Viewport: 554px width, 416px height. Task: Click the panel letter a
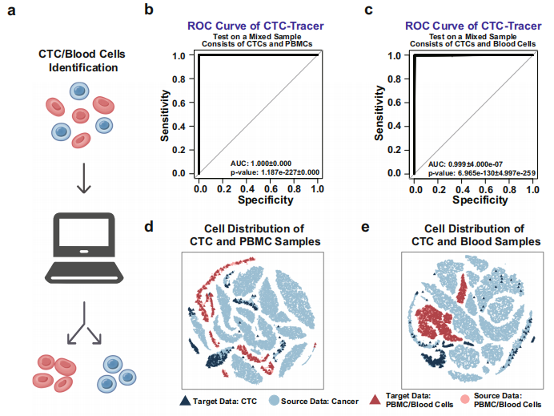(12, 11)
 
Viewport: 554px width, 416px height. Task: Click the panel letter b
(148, 10)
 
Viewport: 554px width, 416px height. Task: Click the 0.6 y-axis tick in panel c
(403, 102)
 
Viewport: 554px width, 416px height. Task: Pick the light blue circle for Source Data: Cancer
(274, 400)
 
